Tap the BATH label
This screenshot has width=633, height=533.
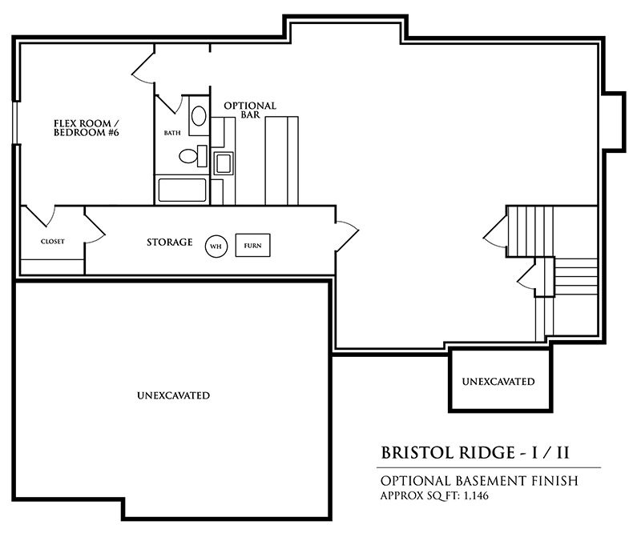171,132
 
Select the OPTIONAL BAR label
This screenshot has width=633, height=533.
249,110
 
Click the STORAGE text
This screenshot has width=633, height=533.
169,242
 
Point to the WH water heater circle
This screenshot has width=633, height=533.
215,246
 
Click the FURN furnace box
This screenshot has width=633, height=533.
252,246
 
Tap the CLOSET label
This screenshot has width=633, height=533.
52,242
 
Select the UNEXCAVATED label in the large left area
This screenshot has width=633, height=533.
173,395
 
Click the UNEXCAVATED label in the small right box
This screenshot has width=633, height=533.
498,382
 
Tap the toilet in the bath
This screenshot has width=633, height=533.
190,155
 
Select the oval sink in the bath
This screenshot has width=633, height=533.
197,115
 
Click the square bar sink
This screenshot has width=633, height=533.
223,163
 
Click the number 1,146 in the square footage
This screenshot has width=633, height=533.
472,496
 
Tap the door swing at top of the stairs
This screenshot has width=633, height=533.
495,231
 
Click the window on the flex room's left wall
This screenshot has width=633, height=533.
15,124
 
